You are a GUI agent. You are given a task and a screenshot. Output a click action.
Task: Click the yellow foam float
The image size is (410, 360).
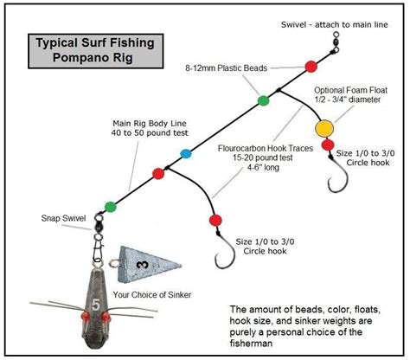tap(325, 129)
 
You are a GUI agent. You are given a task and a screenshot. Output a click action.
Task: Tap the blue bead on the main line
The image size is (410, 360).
tap(185, 155)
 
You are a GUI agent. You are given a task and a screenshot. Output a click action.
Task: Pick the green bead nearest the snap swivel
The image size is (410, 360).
tap(111, 206)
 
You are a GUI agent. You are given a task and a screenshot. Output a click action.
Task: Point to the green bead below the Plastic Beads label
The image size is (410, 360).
tap(264, 101)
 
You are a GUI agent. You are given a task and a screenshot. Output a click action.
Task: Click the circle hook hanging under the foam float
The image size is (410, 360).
tap(340, 178)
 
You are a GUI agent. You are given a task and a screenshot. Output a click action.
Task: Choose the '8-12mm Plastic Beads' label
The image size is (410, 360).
tap(227, 66)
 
